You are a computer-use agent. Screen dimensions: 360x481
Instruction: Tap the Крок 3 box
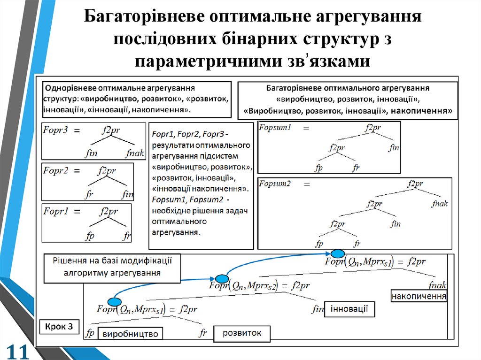point(59,327)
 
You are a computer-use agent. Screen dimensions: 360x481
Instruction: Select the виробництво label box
point(130,334)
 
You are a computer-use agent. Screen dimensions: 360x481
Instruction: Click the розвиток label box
point(242,333)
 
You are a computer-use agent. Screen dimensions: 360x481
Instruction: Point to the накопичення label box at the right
point(419,297)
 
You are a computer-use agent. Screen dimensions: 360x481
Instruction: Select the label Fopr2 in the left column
point(56,170)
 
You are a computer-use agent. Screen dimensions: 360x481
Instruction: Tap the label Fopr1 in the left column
point(56,211)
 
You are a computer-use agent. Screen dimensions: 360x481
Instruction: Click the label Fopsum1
point(276,128)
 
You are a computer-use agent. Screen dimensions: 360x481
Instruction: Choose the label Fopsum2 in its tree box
point(276,184)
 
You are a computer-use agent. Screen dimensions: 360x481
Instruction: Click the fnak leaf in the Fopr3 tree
point(135,153)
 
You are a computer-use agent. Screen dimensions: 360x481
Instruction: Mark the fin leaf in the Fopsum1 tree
point(394,148)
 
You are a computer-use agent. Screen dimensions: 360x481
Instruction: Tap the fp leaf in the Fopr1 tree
point(89,236)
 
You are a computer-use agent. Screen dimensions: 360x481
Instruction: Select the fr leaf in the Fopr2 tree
point(89,194)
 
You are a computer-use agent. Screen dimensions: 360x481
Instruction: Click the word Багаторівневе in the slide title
point(147,17)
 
